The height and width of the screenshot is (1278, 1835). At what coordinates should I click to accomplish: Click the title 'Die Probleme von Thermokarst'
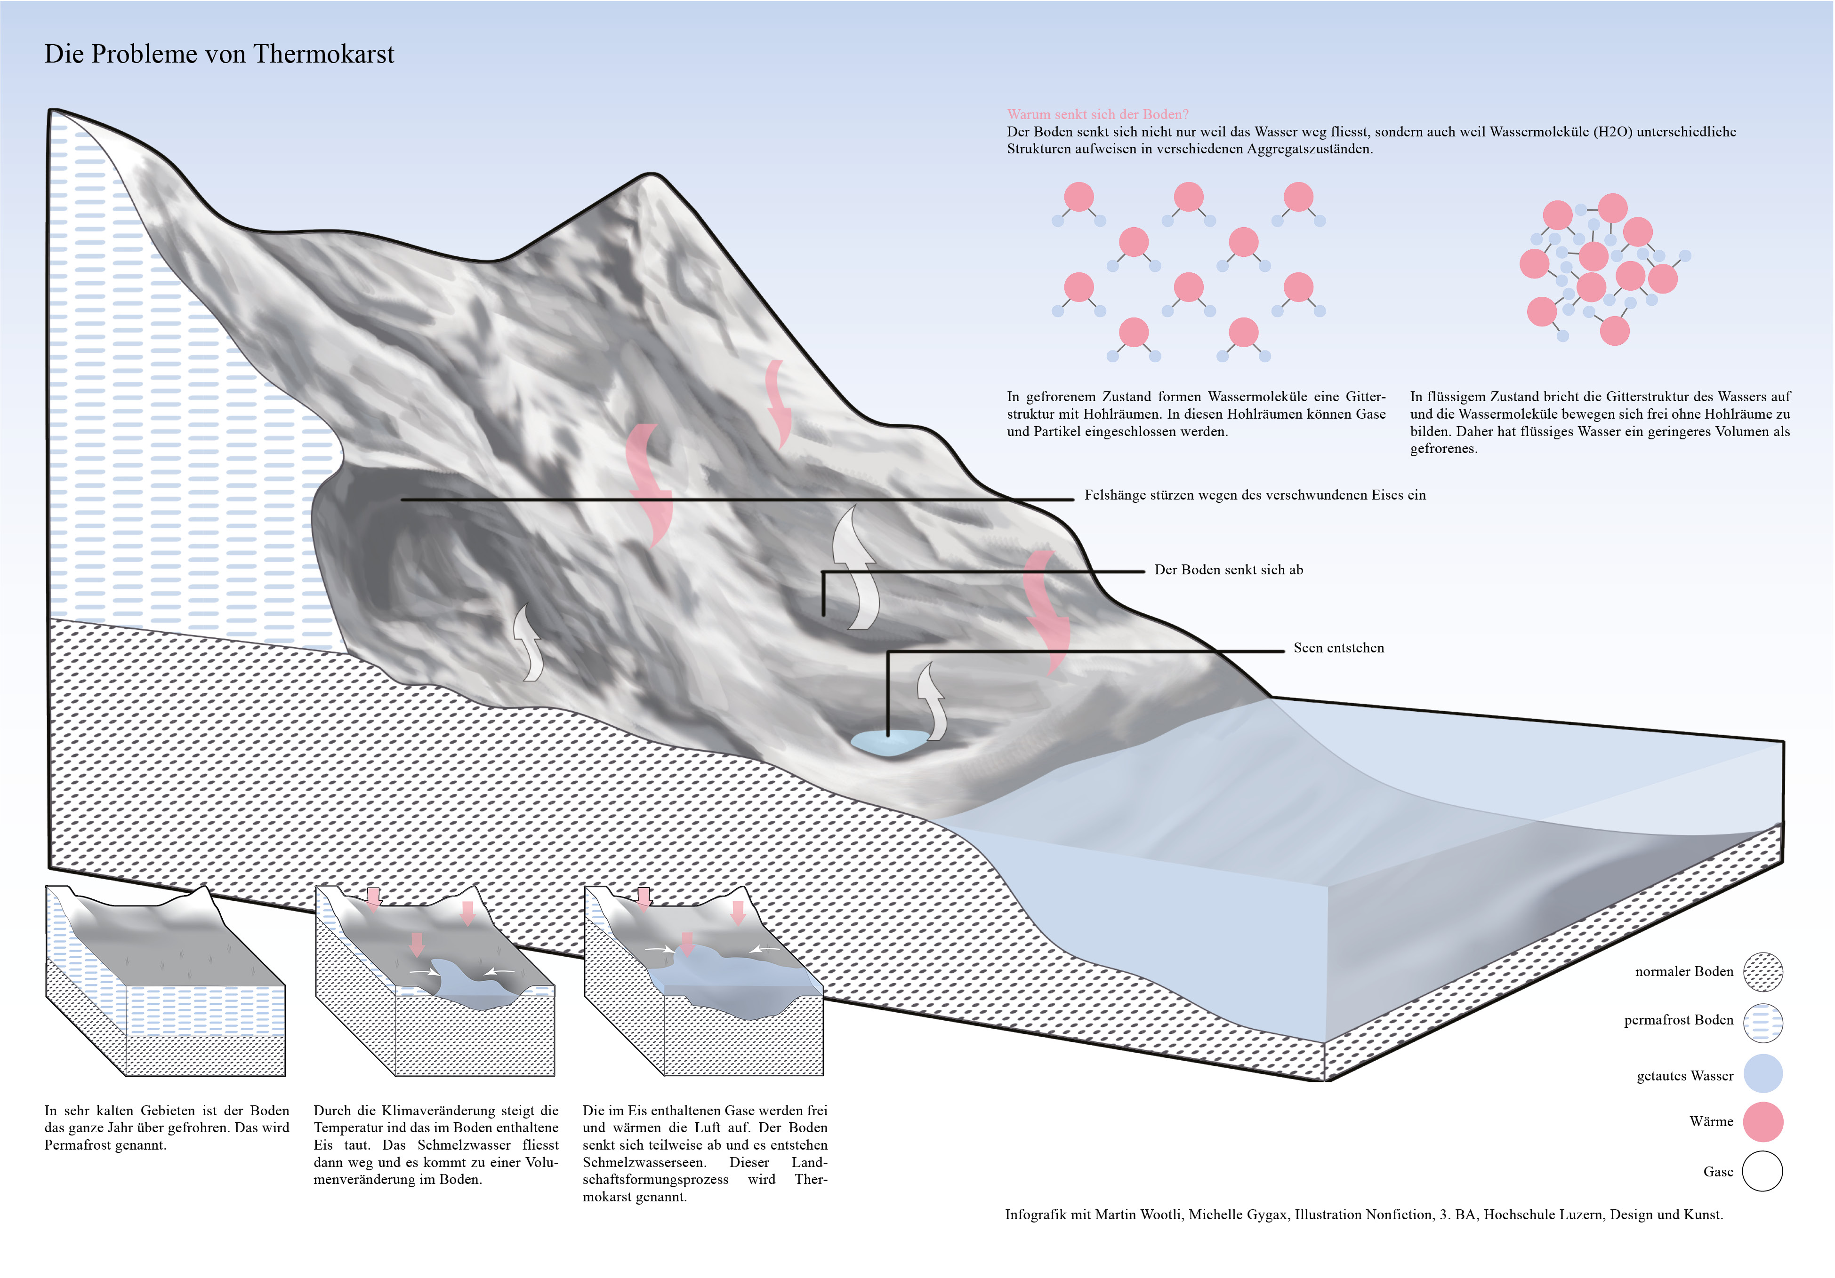point(219,54)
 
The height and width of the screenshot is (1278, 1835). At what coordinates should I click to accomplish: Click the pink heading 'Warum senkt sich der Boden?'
point(1097,114)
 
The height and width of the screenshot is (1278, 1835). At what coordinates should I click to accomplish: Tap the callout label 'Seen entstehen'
point(1339,648)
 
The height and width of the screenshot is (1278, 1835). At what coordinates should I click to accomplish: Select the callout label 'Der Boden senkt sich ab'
point(1228,570)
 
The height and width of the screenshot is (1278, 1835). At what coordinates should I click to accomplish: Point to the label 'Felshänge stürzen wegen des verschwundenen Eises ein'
point(1255,495)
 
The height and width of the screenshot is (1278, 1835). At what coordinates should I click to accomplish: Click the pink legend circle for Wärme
point(1763,1121)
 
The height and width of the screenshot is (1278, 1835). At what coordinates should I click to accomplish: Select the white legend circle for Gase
point(1763,1171)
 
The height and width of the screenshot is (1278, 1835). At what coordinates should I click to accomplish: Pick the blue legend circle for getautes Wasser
point(1763,1073)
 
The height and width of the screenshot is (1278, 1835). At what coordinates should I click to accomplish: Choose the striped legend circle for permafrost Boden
point(1763,1023)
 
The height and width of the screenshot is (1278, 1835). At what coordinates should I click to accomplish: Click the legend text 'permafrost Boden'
point(1678,1021)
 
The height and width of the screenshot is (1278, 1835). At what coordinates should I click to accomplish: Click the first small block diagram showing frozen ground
point(165,981)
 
